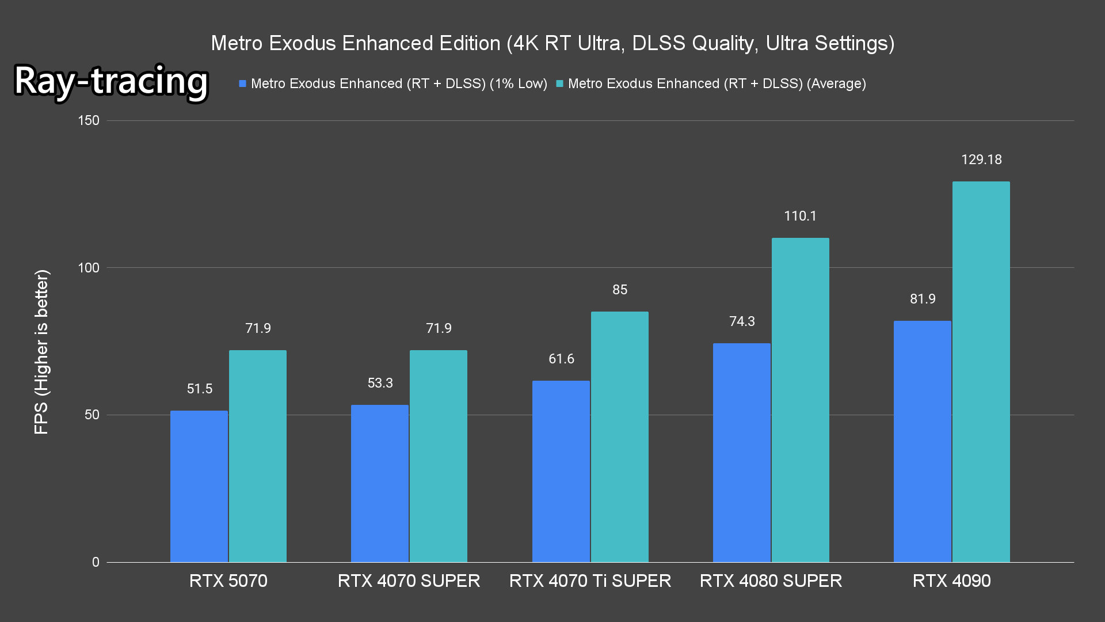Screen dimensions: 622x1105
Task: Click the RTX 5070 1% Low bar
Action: (x=199, y=486)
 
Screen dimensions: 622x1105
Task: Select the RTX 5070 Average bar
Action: (x=258, y=456)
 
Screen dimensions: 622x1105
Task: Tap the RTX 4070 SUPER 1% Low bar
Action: (x=380, y=483)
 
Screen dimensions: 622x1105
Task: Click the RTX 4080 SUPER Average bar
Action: (x=801, y=400)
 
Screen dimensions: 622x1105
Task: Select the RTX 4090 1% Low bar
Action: (x=923, y=441)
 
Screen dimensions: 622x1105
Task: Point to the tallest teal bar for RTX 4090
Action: (x=981, y=371)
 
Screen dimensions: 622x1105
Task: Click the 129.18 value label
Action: (x=981, y=160)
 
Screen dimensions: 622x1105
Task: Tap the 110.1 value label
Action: (x=800, y=216)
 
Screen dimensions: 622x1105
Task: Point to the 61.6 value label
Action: (x=561, y=359)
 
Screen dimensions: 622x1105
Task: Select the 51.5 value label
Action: (x=200, y=389)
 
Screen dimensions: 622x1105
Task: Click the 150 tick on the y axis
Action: (x=89, y=120)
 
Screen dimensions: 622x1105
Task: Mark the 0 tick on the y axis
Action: (x=96, y=562)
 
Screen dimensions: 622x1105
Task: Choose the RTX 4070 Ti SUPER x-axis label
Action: (x=590, y=581)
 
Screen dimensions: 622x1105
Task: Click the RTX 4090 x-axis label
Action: (x=951, y=581)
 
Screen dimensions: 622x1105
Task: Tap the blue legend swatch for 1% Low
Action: (x=243, y=84)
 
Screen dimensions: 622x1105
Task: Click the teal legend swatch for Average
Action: (x=559, y=84)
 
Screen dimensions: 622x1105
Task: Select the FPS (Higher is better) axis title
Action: (x=41, y=351)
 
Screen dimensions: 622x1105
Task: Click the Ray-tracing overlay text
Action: (x=111, y=81)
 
